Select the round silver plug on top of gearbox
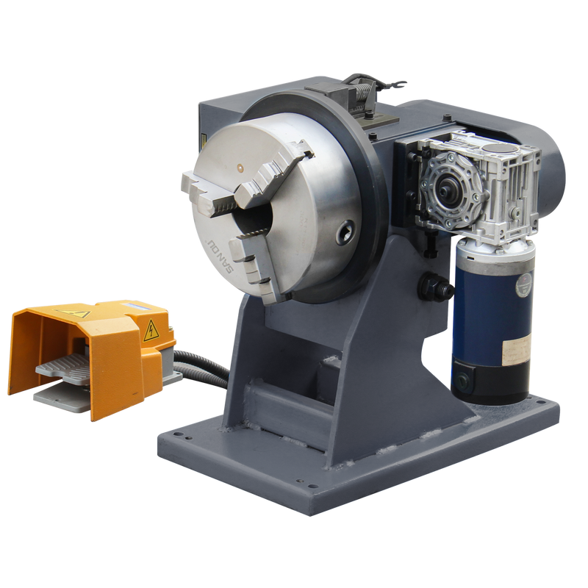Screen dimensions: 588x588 pos(500,151)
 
